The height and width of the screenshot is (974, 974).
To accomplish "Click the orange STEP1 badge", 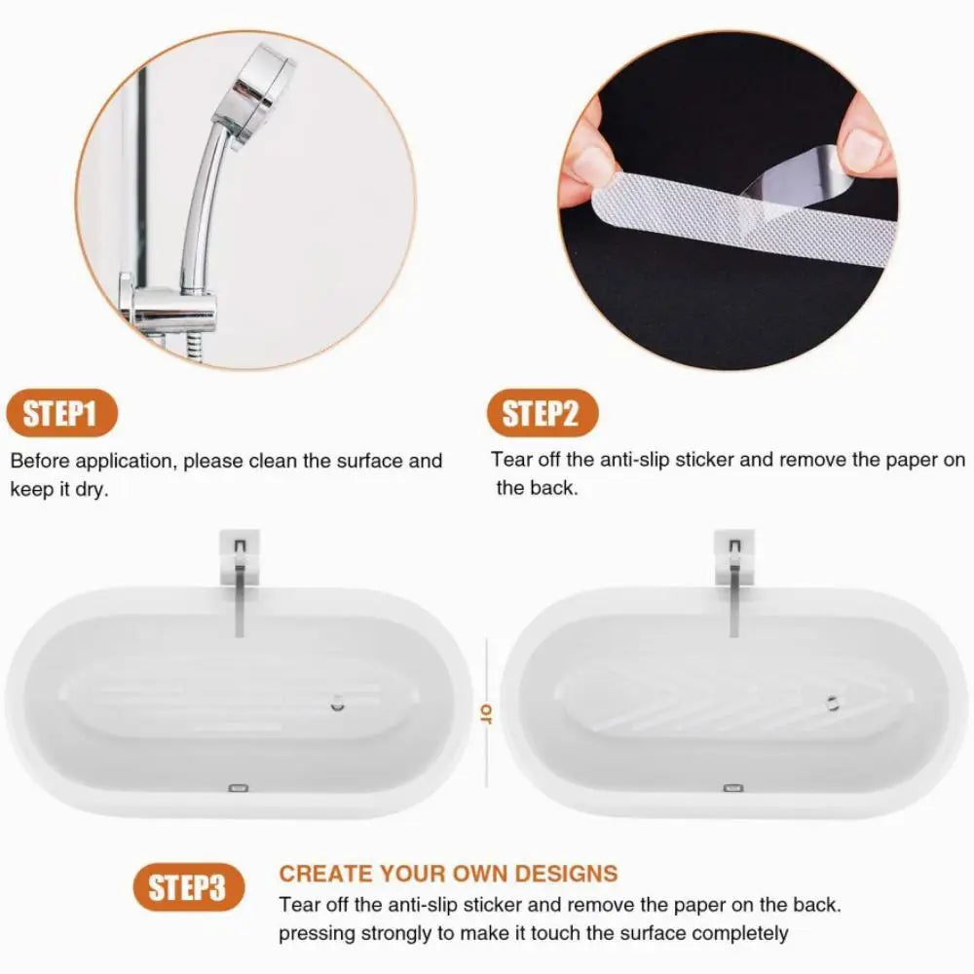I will pyautogui.click(x=60, y=414).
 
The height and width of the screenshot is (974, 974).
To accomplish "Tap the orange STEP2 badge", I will pyautogui.click(x=542, y=414).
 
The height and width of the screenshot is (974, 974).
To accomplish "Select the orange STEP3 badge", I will pyautogui.click(x=188, y=886).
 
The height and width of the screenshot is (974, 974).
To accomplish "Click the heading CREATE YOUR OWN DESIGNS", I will pyautogui.click(x=448, y=874).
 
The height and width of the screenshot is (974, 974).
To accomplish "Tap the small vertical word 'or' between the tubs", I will pyautogui.click(x=484, y=716).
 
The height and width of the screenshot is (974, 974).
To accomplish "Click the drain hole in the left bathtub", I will pyautogui.click(x=337, y=701).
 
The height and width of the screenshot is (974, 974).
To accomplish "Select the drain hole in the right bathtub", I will pyautogui.click(x=832, y=701).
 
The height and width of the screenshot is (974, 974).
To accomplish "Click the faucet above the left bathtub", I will pyautogui.click(x=239, y=584).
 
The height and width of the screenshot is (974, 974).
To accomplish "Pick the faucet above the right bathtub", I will pyautogui.click(x=734, y=584).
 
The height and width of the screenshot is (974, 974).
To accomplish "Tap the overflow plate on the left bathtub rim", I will pyautogui.click(x=239, y=787).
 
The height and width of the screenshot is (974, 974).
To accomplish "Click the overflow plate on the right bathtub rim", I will pyautogui.click(x=732, y=787).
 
